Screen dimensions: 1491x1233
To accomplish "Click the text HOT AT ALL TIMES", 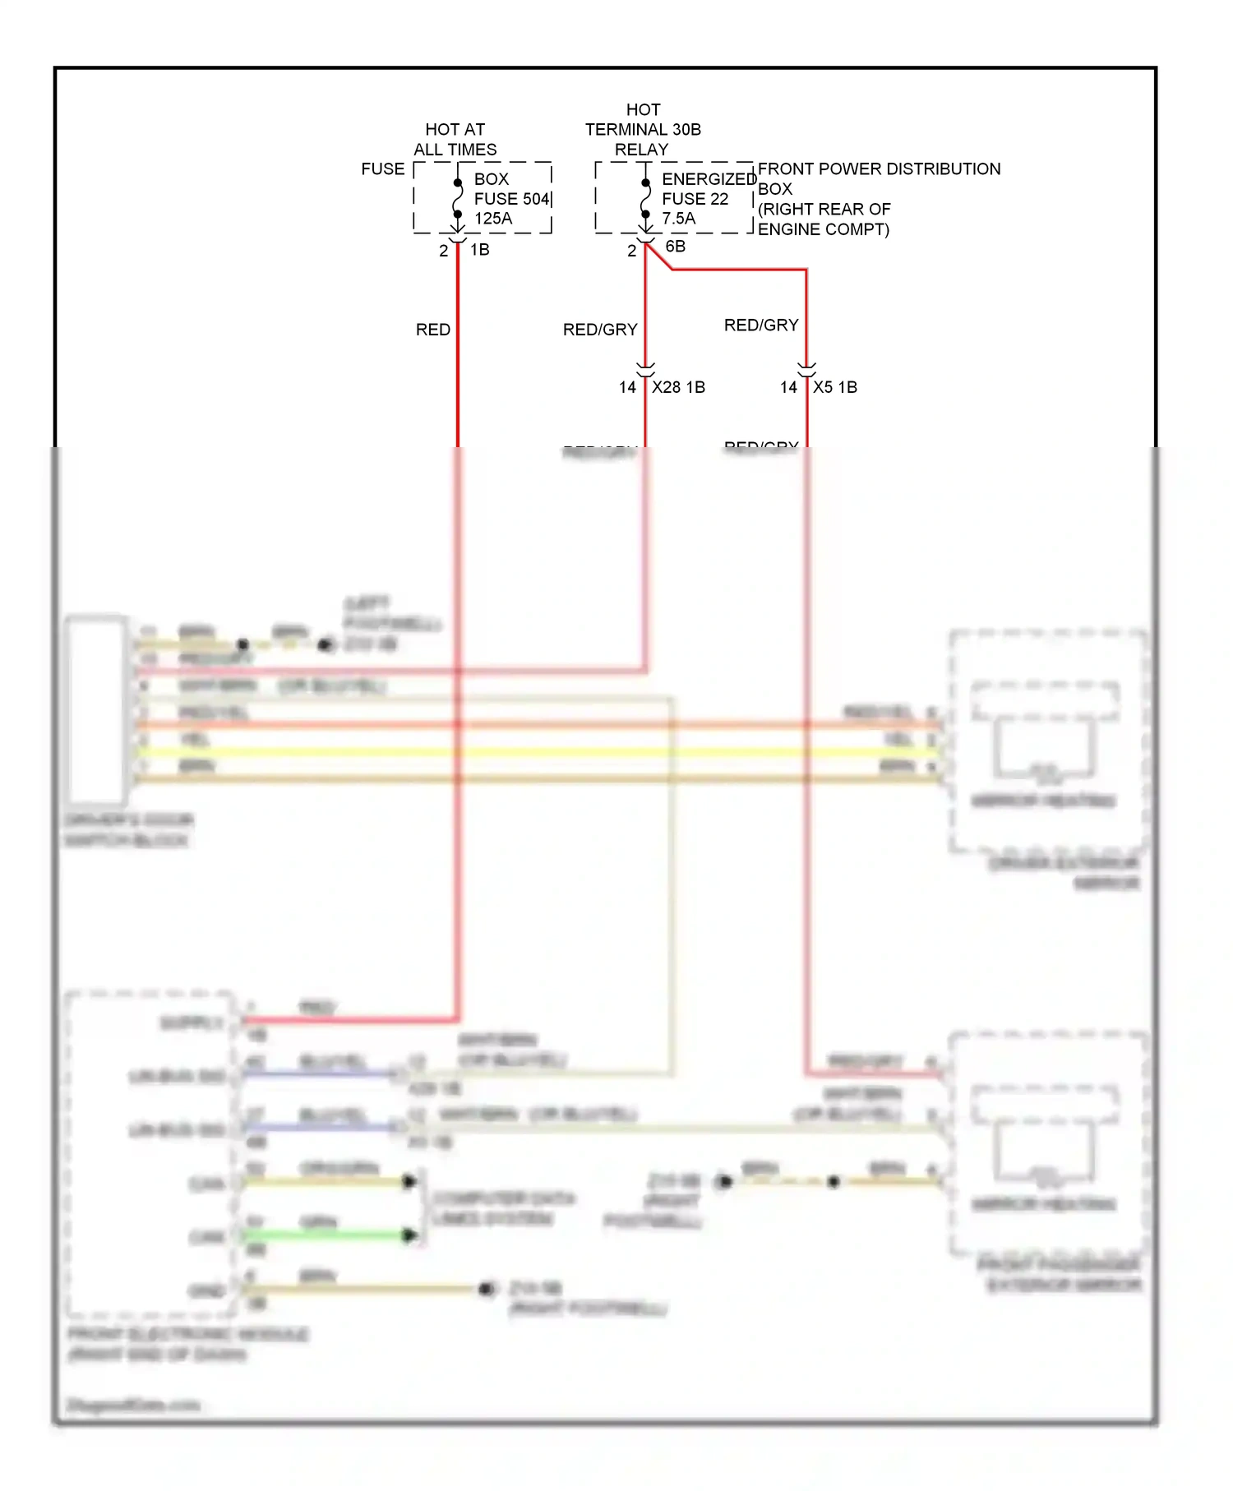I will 455,139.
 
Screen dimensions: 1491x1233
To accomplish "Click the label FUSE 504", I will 511,199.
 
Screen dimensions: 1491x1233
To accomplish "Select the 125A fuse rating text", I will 493,219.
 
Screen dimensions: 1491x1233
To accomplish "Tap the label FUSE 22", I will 695,199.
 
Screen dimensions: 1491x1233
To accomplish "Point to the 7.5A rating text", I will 678,219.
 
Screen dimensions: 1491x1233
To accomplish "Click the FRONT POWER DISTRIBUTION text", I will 878,169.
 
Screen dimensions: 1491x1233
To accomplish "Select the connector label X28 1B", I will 678,387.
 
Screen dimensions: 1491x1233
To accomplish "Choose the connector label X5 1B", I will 834,387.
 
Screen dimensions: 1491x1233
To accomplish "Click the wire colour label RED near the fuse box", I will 432,330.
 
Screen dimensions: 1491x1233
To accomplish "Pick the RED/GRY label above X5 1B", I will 761,325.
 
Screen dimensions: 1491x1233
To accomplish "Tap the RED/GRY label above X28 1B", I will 600,330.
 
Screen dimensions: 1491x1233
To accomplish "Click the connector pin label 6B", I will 675,247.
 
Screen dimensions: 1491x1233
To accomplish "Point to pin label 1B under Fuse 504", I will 479,250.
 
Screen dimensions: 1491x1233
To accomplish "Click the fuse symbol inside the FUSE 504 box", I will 458,199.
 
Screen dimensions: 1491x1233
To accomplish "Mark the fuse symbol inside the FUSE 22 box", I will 645,199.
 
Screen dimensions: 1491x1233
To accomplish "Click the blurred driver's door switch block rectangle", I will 96,709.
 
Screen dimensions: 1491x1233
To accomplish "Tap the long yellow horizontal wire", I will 534,752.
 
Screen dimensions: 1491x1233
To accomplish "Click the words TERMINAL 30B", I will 643,130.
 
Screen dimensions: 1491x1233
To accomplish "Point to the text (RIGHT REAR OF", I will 824,210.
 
